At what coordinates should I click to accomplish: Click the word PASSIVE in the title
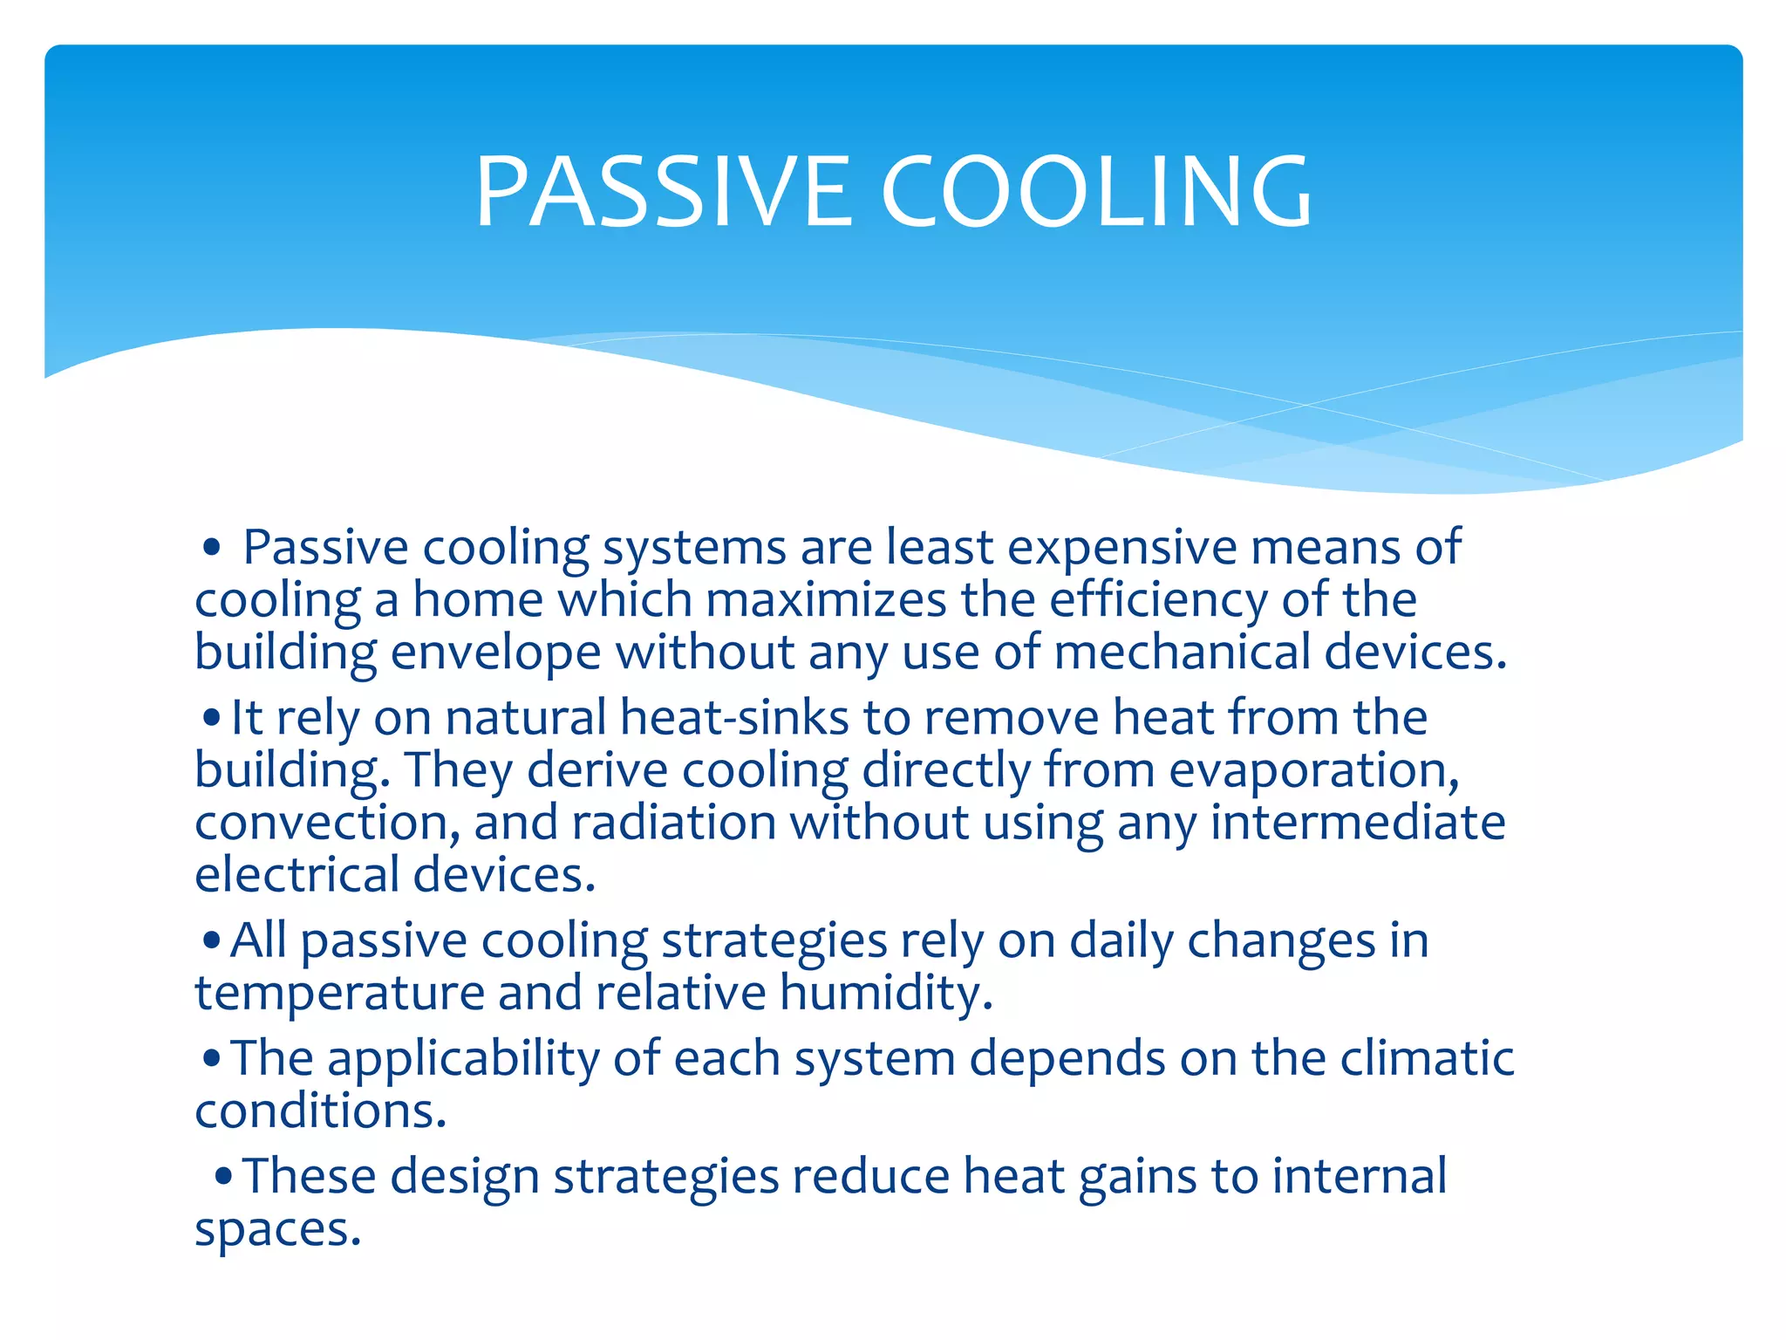coord(663,192)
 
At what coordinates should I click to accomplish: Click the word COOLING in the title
coord(1096,192)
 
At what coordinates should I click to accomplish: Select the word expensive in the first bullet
coord(1122,548)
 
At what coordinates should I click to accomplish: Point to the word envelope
coord(495,653)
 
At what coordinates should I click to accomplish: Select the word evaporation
coord(1313,770)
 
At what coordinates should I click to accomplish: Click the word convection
coord(327,823)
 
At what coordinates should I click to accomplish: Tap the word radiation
coord(673,823)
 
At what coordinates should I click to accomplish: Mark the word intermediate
coord(1358,823)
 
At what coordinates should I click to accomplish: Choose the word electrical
coord(296,875)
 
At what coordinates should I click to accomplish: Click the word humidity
coord(885,993)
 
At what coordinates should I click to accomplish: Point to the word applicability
coord(463,1059)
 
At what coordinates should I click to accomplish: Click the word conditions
coord(320,1111)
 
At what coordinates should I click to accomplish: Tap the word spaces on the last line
coord(276,1229)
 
